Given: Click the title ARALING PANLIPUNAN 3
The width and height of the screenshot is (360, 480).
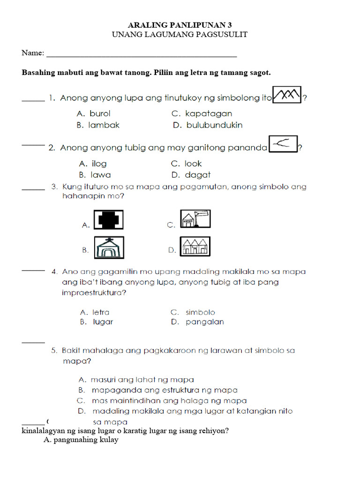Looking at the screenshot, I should [180, 25].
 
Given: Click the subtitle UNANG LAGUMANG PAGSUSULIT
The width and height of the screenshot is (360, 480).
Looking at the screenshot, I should [180, 35].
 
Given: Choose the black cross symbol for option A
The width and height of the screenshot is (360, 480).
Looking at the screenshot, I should [109, 219].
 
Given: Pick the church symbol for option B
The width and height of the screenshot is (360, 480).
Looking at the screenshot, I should [109, 247].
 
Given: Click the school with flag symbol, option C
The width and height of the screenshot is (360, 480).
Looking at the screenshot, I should [195, 219].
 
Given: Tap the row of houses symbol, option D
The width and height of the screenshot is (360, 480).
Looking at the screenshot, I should [195, 246].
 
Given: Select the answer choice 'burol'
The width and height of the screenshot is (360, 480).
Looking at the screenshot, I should [100, 113].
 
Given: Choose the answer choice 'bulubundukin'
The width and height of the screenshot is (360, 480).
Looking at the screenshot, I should [214, 125].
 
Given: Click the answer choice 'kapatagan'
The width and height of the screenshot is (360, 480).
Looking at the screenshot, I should [208, 113].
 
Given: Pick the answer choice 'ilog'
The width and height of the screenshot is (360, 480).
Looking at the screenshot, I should [99, 164].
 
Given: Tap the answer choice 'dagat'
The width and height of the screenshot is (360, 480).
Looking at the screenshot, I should [197, 175].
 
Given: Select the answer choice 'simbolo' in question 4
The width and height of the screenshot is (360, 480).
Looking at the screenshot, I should [200, 312].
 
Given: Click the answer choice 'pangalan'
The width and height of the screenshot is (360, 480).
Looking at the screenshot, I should [204, 322].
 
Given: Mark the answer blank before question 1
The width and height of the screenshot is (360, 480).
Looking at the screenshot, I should [33, 99].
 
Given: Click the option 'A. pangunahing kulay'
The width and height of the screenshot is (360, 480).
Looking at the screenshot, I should [81, 440].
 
